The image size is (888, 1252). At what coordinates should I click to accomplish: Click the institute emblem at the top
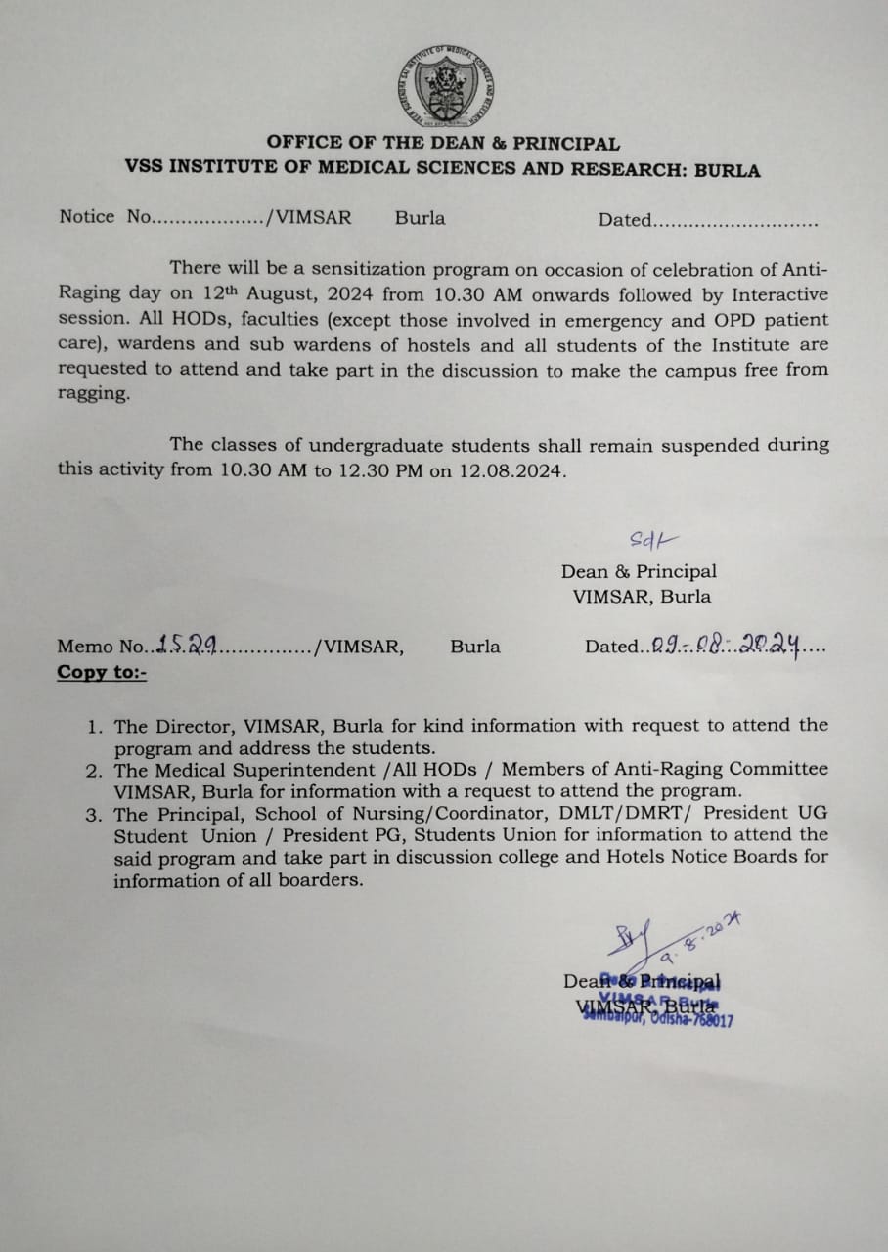pos(445,87)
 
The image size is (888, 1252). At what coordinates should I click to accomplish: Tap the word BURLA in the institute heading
pos(727,169)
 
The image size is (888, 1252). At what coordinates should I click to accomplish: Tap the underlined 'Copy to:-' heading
pos(102,672)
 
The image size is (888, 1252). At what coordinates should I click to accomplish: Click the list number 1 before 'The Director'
pos(94,727)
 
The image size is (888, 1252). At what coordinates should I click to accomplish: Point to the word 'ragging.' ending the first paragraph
pos(93,395)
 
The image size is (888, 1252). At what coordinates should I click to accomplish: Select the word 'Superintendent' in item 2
pos(292,770)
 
